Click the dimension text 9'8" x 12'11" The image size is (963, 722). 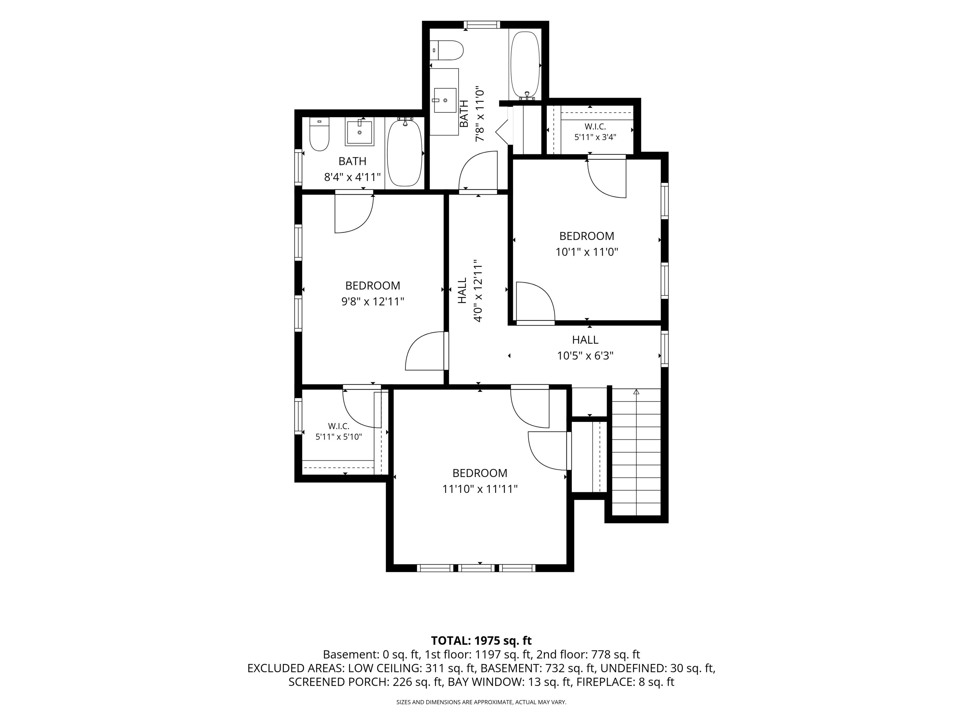coord(373,301)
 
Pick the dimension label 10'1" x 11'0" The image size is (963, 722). coord(587,252)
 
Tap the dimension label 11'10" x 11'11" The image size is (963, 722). coord(480,489)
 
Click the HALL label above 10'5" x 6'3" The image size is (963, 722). coord(585,339)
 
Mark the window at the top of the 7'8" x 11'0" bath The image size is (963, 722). coord(481,25)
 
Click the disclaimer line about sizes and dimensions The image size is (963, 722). coord(481,702)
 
